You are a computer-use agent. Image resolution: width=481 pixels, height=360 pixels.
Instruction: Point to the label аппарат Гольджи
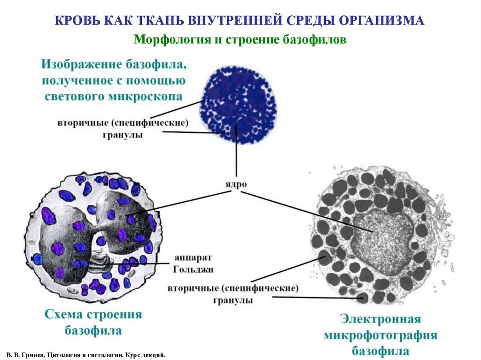(194, 264)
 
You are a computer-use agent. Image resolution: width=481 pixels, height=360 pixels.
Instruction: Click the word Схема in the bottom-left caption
(64, 314)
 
